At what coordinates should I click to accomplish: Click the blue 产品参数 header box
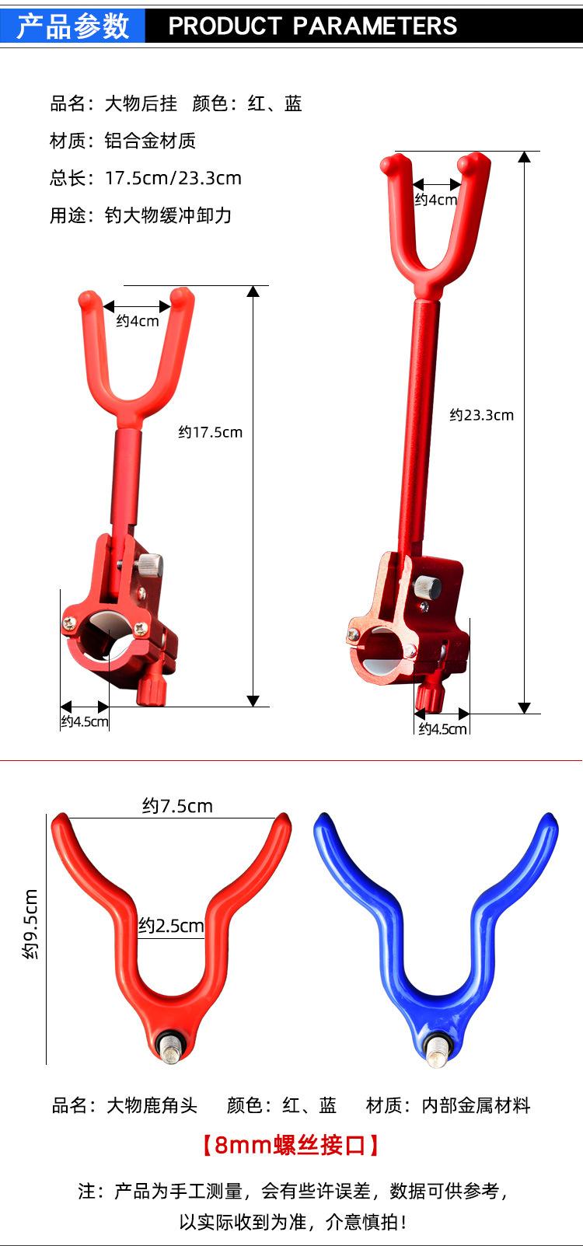pos(72,26)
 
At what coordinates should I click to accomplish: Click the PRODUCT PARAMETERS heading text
pos(312,26)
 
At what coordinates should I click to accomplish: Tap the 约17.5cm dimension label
pos(211,432)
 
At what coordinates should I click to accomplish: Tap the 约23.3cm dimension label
pos(482,415)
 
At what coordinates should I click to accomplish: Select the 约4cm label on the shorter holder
pos(138,321)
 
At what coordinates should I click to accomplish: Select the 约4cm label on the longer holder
pos(435,200)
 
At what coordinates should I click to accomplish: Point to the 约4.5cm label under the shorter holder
pos(85,721)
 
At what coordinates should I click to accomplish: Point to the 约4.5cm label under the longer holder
pos(443,728)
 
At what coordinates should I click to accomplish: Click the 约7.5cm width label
pos(177,806)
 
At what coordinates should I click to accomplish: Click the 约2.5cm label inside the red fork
pos(171,926)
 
